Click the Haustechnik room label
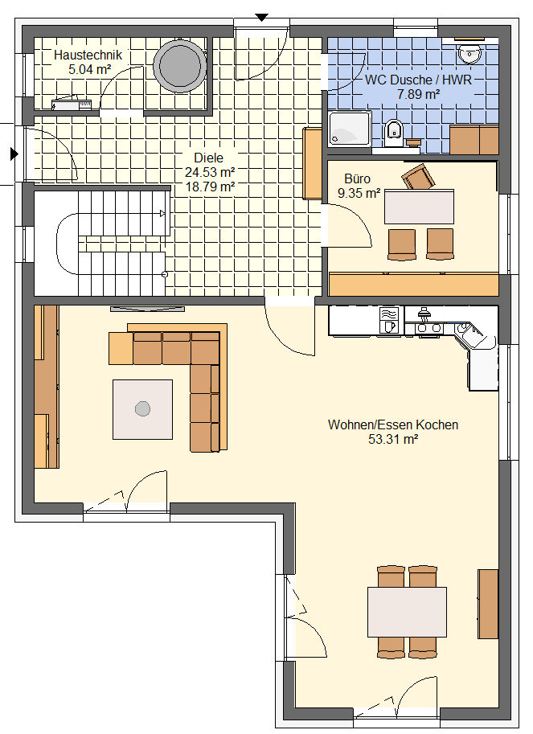[x=88, y=55]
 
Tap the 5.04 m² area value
[x=89, y=70]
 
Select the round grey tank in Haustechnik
[x=180, y=66]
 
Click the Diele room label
[x=209, y=158]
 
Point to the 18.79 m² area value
[x=210, y=187]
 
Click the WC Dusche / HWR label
[x=418, y=80]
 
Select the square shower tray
[x=349, y=129]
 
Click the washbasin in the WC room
[x=469, y=53]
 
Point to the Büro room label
[x=358, y=178]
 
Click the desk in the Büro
[x=420, y=207]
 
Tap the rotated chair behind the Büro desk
[x=418, y=177]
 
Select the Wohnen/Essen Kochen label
[x=393, y=424]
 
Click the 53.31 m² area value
[x=393, y=440]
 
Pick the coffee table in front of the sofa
[x=143, y=409]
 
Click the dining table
[x=407, y=612]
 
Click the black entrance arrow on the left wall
[x=14, y=154]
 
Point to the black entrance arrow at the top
[x=261, y=18]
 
